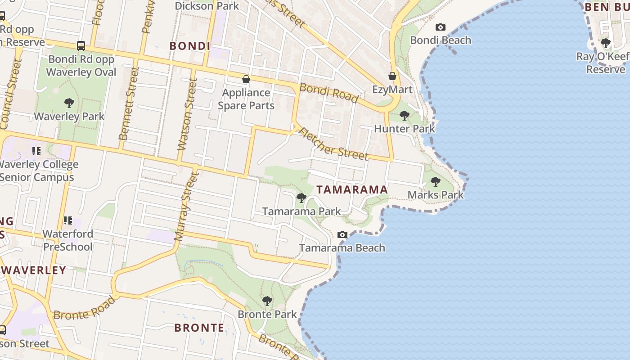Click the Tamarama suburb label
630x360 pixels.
[352, 189]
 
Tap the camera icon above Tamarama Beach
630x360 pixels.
[342, 235]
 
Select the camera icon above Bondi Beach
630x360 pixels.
[441, 27]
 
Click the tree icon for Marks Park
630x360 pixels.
[435, 182]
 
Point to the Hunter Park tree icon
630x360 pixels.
[404, 116]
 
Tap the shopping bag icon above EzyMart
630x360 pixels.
[392, 76]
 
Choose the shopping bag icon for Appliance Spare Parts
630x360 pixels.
[246, 80]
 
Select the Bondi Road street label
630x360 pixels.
[329, 93]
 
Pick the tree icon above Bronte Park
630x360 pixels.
[267, 301]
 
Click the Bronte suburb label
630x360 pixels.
[199, 328]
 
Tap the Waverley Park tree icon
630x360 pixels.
[69, 103]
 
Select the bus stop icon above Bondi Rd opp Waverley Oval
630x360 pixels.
[81, 45]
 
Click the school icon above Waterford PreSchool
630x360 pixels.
[68, 220]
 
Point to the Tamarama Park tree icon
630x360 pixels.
[301, 198]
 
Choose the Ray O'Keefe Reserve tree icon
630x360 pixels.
[606, 44]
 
